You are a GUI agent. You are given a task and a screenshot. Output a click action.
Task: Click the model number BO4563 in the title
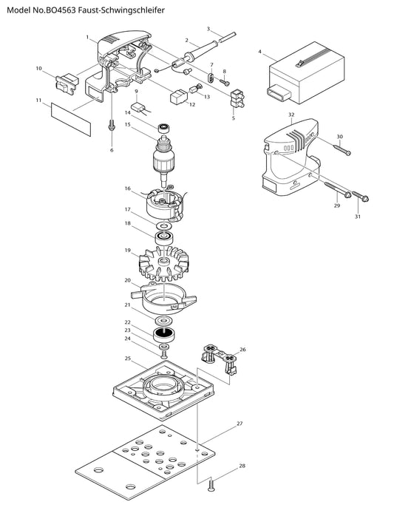click(x=61, y=10)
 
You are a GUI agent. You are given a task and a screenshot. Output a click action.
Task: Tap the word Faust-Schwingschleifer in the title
click(x=122, y=10)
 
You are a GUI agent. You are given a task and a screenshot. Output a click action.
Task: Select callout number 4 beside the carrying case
click(x=259, y=51)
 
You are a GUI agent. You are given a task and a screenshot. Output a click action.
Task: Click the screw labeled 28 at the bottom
click(x=211, y=484)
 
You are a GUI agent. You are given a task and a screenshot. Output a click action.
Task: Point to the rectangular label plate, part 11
click(x=71, y=119)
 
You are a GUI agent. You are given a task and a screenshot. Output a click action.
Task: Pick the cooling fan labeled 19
click(x=163, y=264)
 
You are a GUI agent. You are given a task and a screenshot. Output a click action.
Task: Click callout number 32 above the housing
click(x=291, y=115)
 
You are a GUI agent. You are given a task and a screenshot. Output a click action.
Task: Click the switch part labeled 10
click(x=67, y=83)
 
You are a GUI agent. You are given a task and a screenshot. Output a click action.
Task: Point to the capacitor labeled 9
click(x=138, y=108)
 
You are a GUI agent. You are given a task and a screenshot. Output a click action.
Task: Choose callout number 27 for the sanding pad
click(x=240, y=424)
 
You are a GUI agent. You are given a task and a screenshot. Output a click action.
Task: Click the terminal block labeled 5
click(x=238, y=100)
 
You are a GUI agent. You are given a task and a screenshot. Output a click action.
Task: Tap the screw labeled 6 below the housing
click(x=112, y=124)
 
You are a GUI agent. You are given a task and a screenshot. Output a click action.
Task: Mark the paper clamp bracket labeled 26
click(x=221, y=359)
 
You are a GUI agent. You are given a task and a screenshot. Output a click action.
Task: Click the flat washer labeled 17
click(x=164, y=225)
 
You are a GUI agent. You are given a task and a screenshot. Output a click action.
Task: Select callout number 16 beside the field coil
click(x=128, y=188)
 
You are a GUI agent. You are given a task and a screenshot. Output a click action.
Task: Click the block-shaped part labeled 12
click(x=178, y=97)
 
